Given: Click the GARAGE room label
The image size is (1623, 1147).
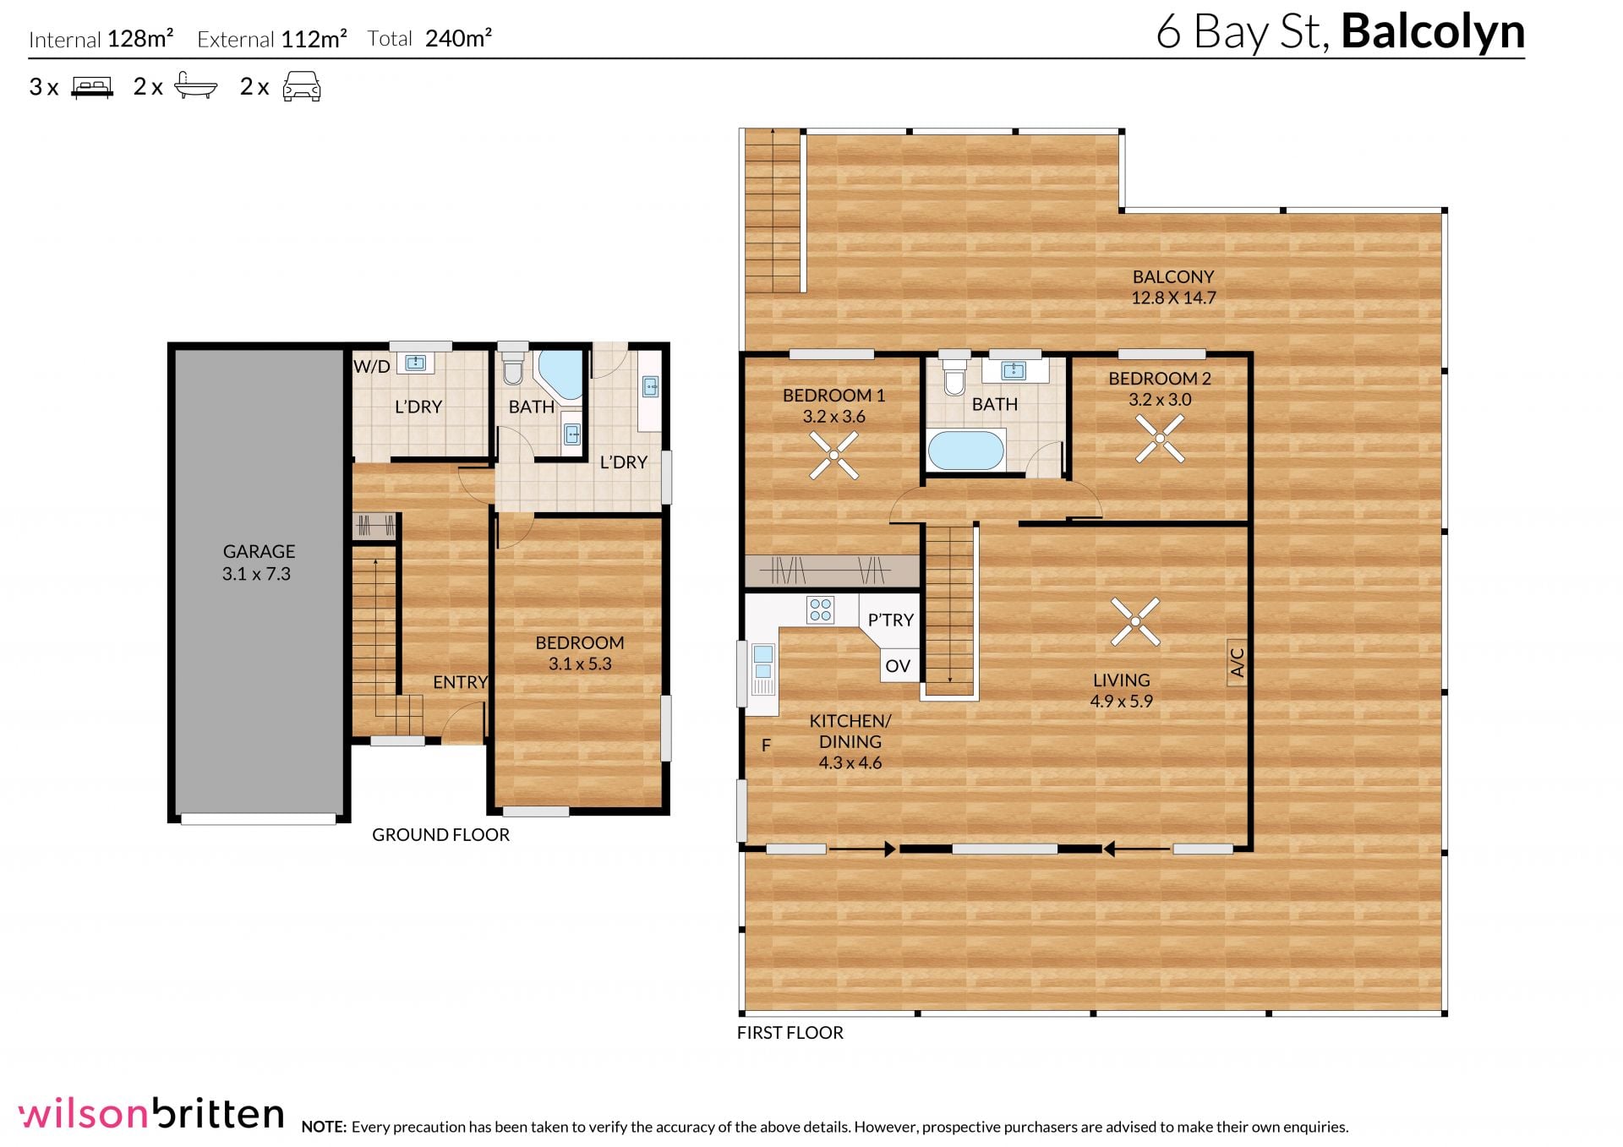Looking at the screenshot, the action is click(259, 551).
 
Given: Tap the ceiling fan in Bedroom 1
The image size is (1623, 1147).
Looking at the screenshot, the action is click(833, 455).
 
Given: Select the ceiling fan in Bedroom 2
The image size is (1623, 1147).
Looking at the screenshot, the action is click(1160, 438).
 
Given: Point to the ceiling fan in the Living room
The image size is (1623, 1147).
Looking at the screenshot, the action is click(1134, 622).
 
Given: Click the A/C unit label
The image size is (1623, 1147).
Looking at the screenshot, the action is click(1237, 663).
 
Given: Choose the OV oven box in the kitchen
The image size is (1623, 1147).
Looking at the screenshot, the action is click(898, 666).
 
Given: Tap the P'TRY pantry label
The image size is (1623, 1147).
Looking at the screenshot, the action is click(891, 620).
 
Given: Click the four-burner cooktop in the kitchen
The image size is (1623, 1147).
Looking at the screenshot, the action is click(820, 609).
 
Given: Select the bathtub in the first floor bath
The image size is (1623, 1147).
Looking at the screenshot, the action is click(966, 451).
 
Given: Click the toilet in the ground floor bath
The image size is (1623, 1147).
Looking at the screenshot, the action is click(513, 367).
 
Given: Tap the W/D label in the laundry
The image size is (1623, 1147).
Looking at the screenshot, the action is click(372, 366).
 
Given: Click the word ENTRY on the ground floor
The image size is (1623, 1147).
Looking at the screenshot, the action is click(460, 682).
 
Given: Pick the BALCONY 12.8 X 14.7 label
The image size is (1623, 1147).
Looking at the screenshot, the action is click(1173, 287).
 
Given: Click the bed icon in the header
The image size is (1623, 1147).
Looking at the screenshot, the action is click(92, 87).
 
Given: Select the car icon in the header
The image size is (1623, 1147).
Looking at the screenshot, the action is click(302, 86).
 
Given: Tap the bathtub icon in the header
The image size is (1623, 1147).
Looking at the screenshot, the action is click(196, 85).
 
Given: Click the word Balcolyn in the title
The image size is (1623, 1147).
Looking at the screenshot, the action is click(1433, 32).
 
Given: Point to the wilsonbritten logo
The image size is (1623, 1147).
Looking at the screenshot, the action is click(151, 1113).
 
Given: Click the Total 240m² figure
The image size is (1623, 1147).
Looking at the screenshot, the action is click(429, 38).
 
